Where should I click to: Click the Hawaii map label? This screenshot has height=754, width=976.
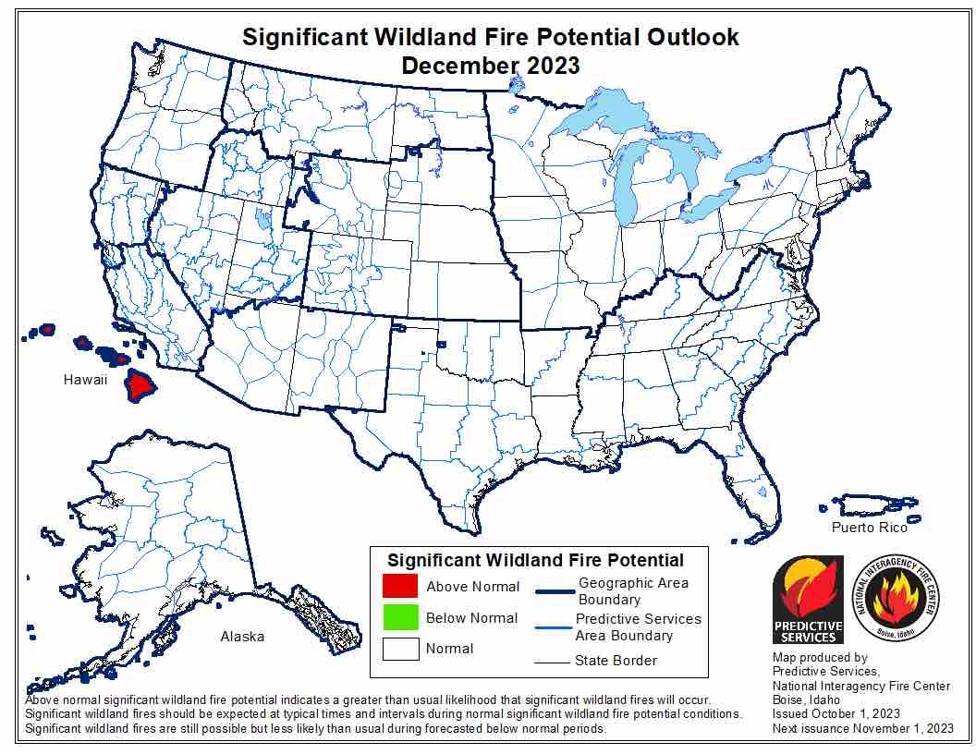[x=86, y=380]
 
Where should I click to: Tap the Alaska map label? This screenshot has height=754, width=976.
[x=242, y=637]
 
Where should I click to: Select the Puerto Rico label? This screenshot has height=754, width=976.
[x=869, y=528]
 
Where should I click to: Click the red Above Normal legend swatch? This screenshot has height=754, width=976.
[x=400, y=587]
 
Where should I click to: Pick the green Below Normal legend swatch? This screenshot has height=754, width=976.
[x=400, y=617]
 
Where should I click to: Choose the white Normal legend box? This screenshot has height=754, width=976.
[x=400, y=648]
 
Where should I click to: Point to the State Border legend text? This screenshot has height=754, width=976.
[x=616, y=661]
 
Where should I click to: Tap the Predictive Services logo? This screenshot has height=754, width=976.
[x=808, y=599]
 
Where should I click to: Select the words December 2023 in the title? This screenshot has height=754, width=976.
[x=491, y=66]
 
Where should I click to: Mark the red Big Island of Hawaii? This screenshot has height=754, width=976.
[x=141, y=384]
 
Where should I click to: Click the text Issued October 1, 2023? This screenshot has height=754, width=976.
[x=836, y=714]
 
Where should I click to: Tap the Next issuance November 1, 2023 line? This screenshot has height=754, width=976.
[x=861, y=729]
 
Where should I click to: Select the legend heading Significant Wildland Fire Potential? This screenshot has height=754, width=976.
[x=535, y=560]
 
